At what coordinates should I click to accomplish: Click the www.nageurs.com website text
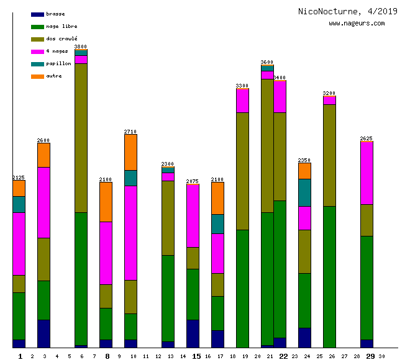click(357, 24)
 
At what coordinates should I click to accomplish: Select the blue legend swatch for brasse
click(37, 14)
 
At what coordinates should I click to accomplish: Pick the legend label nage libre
click(61, 26)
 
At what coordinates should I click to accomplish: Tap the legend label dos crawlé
click(61, 38)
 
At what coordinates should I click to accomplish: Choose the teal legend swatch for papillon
click(37, 63)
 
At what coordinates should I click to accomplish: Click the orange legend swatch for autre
click(37, 76)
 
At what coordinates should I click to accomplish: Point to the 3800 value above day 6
click(81, 47)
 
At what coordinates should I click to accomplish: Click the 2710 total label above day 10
click(130, 132)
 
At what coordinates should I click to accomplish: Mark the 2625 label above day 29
click(367, 138)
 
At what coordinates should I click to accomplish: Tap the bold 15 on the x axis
click(196, 356)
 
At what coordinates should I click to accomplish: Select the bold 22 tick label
click(283, 356)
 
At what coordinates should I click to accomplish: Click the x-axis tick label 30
click(381, 356)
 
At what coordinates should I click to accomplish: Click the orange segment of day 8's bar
click(106, 202)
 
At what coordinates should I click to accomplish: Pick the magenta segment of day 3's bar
click(43, 202)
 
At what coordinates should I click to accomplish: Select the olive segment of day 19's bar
click(242, 171)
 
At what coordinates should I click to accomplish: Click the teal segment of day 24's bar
click(304, 192)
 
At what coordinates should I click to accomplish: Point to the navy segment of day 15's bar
click(193, 333)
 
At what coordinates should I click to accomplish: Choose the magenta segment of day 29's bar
click(367, 173)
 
